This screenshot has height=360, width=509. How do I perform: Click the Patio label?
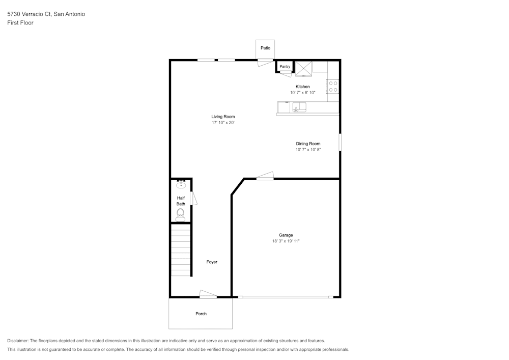(265, 48)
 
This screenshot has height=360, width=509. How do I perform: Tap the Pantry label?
(285, 66)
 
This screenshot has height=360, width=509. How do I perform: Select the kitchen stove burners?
(333, 87)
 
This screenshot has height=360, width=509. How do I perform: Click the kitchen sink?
(299, 107)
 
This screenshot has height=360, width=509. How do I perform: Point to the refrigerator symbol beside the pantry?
(304, 68)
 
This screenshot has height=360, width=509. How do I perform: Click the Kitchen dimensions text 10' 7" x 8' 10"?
(303, 93)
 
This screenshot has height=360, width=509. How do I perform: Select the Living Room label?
(223, 117)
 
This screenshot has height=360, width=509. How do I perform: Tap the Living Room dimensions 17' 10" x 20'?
(223, 123)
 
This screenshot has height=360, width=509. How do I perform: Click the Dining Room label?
(308, 144)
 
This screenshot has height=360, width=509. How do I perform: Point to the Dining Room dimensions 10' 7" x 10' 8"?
(308, 150)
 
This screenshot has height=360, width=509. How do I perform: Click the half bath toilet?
(180, 214)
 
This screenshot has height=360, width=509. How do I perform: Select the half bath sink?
(181, 184)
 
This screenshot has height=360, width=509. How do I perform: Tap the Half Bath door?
(193, 199)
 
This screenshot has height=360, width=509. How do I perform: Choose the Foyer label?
(212, 262)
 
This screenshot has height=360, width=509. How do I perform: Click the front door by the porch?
(208, 294)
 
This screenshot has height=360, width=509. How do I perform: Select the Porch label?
(201, 314)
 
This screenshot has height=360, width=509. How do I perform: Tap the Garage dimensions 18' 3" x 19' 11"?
(286, 241)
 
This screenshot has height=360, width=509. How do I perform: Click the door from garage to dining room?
(265, 176)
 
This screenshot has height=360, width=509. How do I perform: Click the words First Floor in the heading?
(20, 23)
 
